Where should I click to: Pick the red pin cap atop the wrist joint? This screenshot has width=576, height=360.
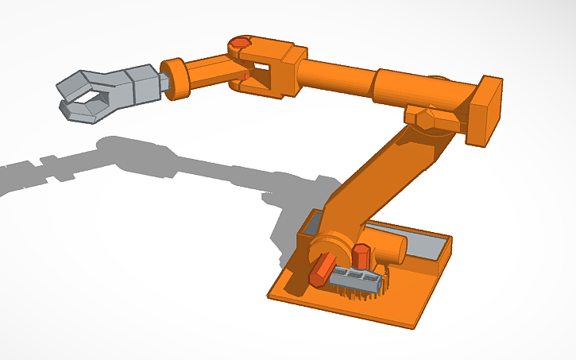(239, 43)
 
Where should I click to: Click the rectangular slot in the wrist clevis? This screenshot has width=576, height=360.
(256, 79)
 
